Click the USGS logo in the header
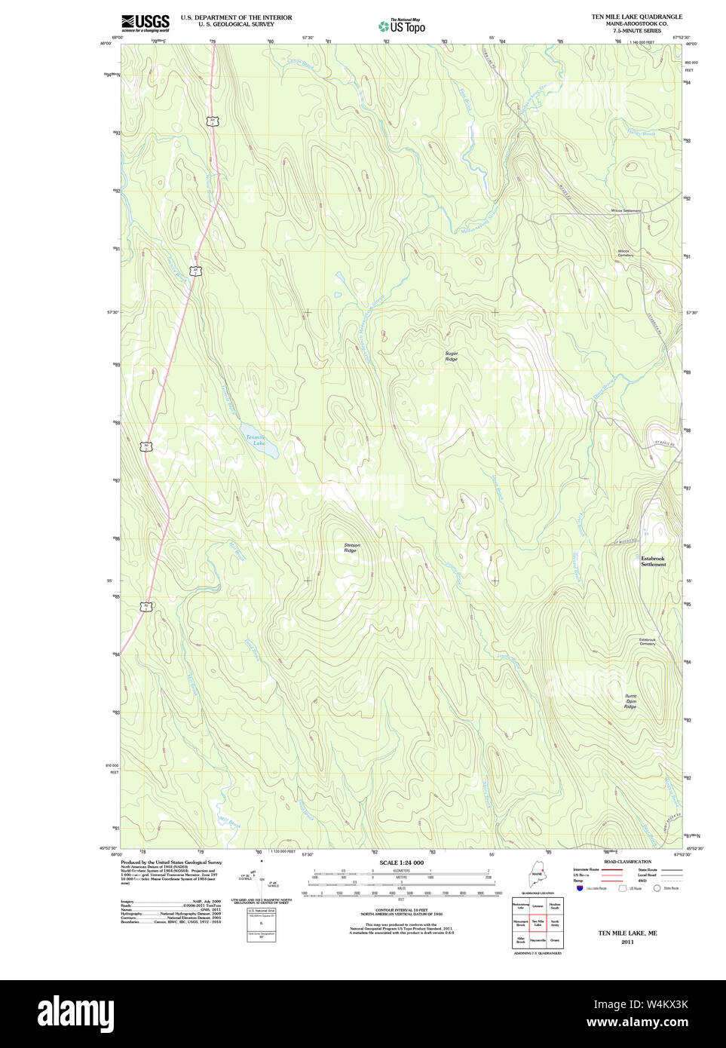(145, 23)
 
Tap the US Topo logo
(402, 26)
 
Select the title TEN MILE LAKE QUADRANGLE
(636, 17)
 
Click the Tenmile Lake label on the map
(256, 440)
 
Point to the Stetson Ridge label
(351, 547)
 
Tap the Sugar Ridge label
(451, 356)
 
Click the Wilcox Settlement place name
(626, 210)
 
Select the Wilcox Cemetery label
(625, 253)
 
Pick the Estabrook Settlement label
(653, 561)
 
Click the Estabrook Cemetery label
(647, 642)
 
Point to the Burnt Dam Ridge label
(630, 701)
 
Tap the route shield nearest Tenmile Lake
(146, 446)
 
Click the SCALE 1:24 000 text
(401, 863)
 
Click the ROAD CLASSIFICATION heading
(627, 862)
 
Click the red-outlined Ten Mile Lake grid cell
(538, 923)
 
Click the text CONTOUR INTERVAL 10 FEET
(401, 910)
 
